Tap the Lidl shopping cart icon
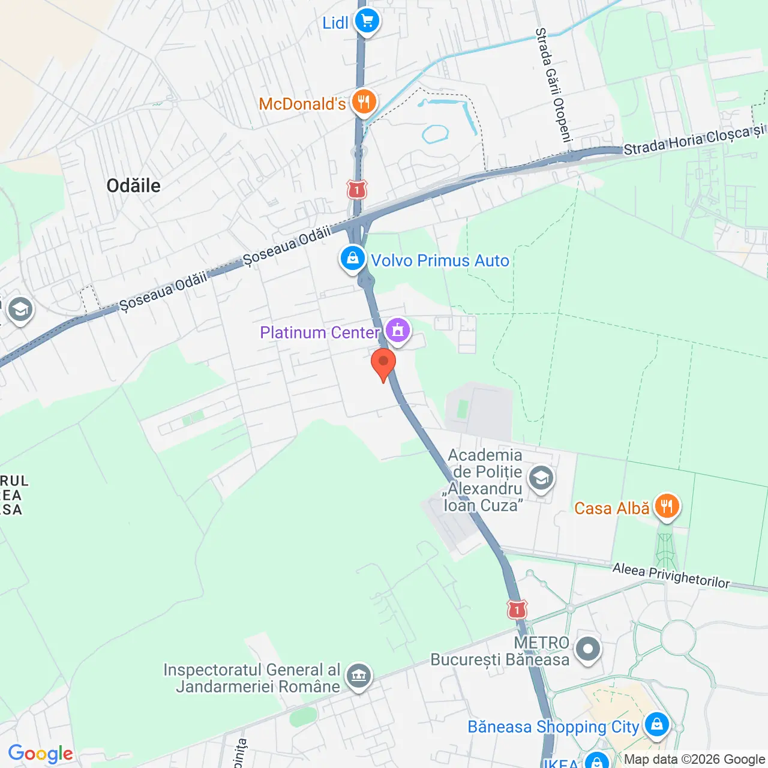367,22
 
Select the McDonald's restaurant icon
364,103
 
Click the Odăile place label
133,185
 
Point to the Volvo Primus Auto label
440,260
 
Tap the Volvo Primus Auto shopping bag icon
353,259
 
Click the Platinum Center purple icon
398,331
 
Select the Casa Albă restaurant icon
667,507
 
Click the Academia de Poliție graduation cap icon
541,479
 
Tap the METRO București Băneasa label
500,652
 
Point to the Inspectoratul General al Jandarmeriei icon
359,676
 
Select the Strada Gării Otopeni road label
554,85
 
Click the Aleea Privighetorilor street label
671,575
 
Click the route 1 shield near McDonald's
357,190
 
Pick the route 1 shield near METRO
517,610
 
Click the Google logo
41,754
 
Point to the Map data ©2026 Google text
694,760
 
